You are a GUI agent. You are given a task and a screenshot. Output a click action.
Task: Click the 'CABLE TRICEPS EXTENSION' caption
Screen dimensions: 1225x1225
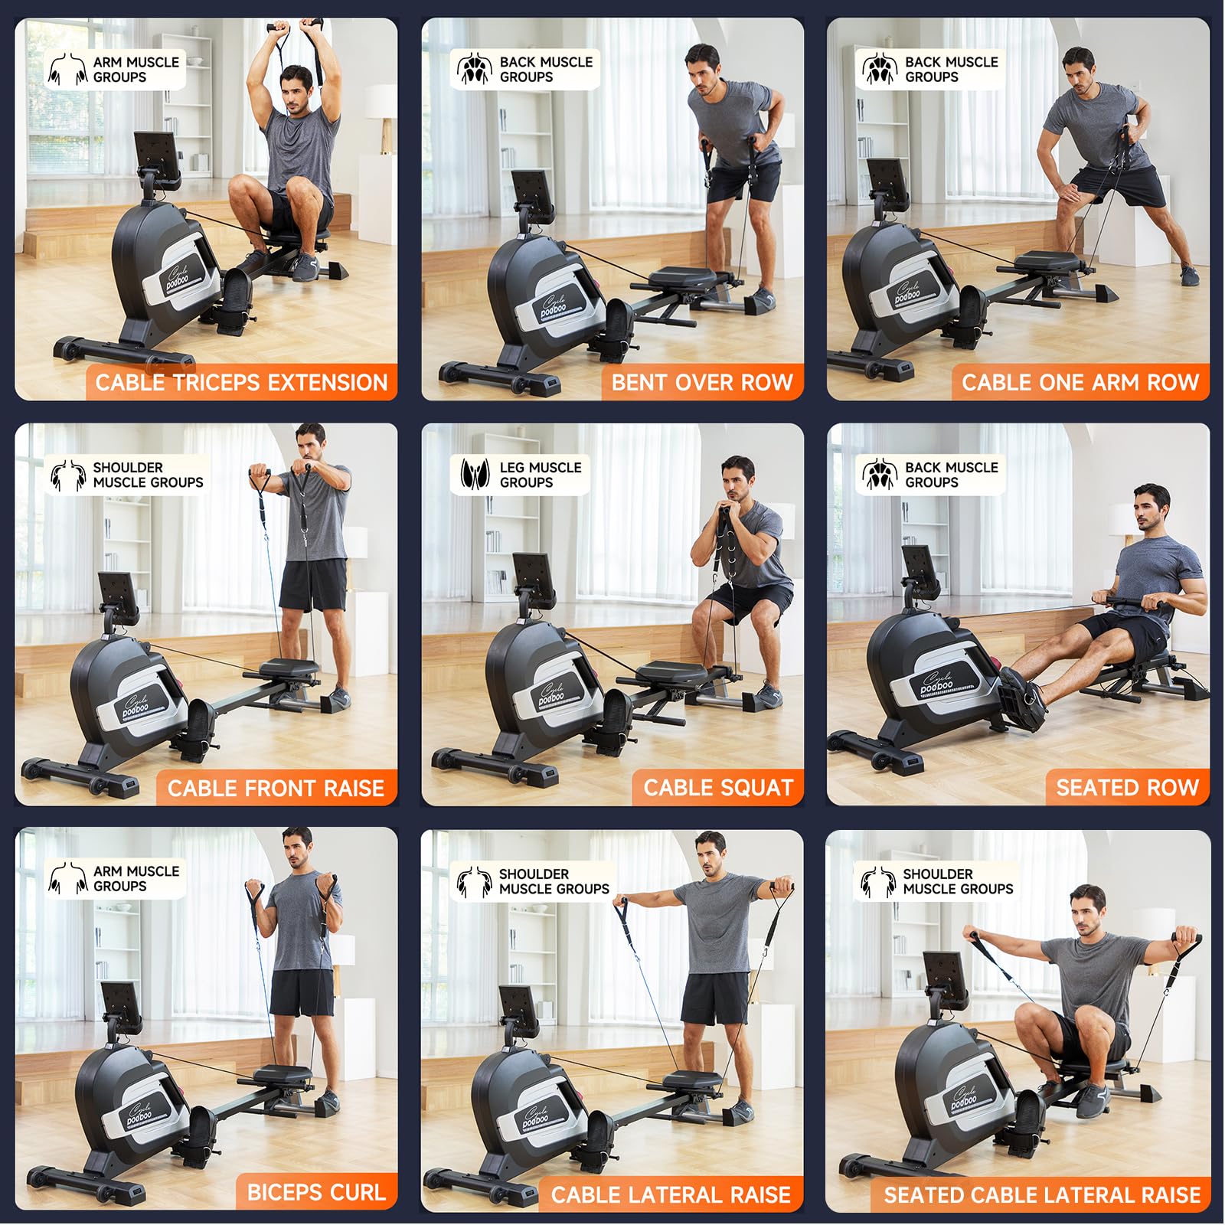pos(241,382)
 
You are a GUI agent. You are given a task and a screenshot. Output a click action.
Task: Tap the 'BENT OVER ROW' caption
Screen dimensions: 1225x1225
pos(701,382)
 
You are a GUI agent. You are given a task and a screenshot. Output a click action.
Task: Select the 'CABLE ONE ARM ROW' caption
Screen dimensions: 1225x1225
pos(1080,382)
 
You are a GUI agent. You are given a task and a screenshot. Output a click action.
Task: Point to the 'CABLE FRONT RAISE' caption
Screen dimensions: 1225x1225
pos(276,788)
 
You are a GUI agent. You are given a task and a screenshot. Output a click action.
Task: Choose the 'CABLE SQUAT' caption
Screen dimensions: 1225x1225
pos(717,788)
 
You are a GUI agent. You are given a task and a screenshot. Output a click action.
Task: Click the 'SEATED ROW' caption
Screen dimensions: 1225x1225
pos(1127,788)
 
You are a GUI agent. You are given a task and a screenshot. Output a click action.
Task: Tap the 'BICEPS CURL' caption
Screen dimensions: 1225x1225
pos(315,1192)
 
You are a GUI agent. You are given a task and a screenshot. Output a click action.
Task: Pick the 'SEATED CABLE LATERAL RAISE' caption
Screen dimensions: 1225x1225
pos(1042,1194)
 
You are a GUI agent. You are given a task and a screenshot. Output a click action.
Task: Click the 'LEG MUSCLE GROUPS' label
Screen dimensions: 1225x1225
pos(540,475)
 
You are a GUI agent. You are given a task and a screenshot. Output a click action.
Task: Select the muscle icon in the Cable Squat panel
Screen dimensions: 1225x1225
pos(474,475)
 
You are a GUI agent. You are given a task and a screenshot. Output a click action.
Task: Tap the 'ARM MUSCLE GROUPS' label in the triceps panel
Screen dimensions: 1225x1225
pos(136,70)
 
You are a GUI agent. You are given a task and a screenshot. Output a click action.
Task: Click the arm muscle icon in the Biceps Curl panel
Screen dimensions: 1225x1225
pos(67,878)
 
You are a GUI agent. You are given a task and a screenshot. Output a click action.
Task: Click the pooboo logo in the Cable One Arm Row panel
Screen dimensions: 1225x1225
pos(909,295)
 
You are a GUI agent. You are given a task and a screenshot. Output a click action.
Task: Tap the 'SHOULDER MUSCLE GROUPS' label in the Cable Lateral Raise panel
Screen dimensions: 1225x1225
pos(554,881)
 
